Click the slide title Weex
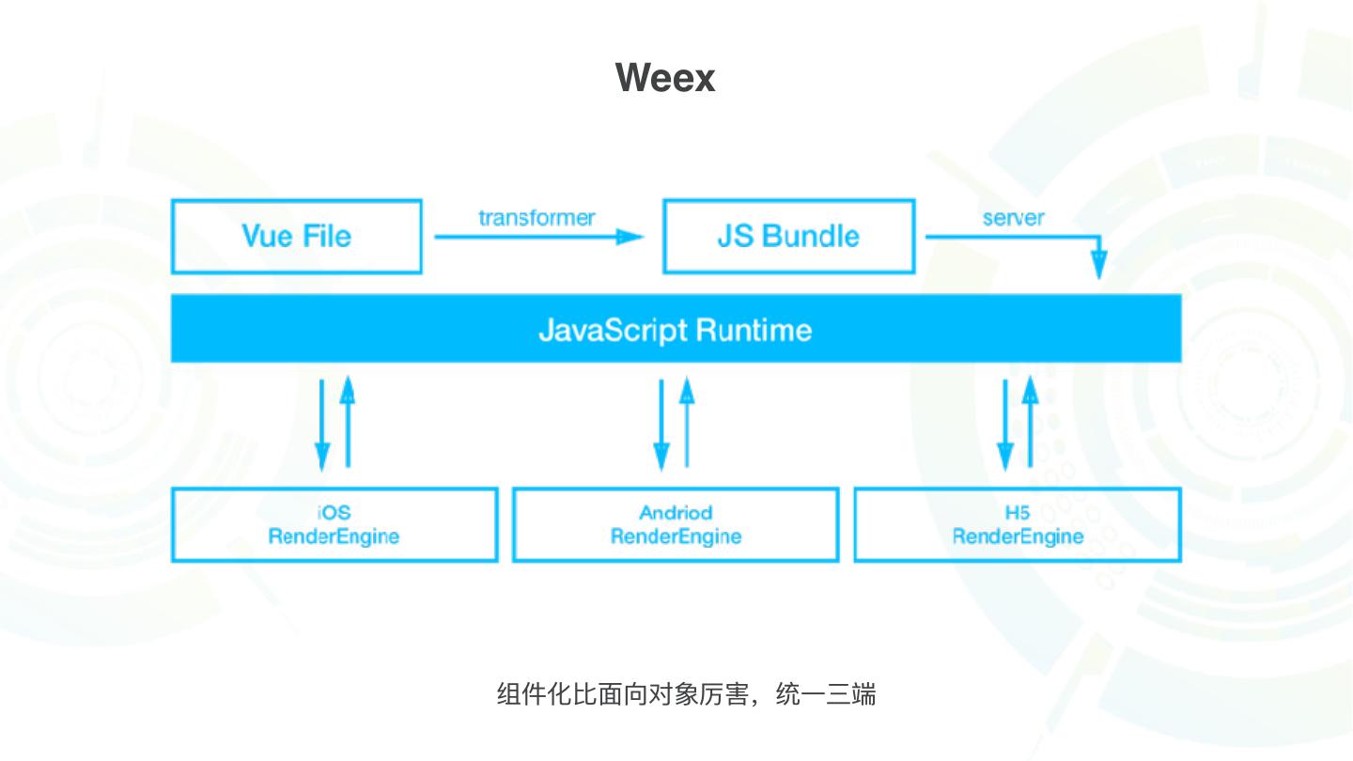[x=665, y=77]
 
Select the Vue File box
[x=296, y=236]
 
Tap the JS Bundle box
[x=788, y=236]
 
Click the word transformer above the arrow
[x=537, y=218]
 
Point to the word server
[x=1013, y=218]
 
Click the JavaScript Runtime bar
[x=676, y=329]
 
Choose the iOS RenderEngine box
[x=334, y=524]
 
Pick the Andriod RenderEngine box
[x=676, y=524]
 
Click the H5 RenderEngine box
[x=1018, y=524]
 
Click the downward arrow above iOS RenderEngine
[x=322, y=424]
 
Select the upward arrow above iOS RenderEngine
[x=348, y=422]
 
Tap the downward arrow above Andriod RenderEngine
[x=661, y=424]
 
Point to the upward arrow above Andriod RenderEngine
[x=687, y=422]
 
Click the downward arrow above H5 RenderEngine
[x=1005, y=424]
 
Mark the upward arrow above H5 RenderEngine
[x=1031, y=422]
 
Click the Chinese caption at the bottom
[x=686, y=694]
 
